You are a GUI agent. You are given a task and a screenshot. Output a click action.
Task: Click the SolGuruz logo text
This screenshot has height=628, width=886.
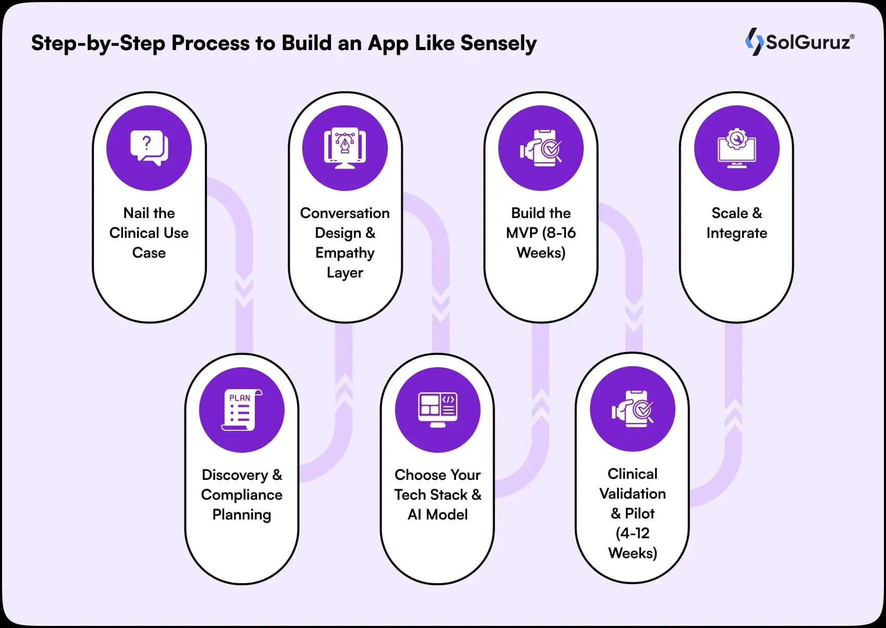pyautogui.click(x=808, y=42)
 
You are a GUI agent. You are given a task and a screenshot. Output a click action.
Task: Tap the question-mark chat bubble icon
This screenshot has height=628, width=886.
pyautogui.click(x=149, y=148)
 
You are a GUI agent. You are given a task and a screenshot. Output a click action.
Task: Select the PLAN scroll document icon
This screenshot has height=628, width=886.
pyautogui.click(x=241, y=410)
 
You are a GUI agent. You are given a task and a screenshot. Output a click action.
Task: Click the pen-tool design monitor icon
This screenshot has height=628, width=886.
pyautogui.click(x=344, y=148)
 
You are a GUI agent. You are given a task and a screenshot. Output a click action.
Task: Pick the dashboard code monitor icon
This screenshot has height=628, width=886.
pyautogui.click(x=438, y=410)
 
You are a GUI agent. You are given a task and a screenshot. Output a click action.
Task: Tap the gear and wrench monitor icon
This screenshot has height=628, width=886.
pyautogui.click(x=736, y=148)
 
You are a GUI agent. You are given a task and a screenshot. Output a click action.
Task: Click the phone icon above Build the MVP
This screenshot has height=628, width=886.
pyautogui.click(x=541, y=148)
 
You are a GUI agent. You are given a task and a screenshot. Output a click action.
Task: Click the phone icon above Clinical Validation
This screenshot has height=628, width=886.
pyautogui.click(x=633, y=409)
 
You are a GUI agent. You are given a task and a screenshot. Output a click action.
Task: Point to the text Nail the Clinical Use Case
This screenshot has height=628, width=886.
pyautogui.click(x=149, y=233)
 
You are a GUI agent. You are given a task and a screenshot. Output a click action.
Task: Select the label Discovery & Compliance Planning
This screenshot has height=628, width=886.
pyautogui.click(x=242, y=494)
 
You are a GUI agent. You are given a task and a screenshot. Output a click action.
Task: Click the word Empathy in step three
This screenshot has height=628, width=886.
pyautogui.click(x=344, y=253)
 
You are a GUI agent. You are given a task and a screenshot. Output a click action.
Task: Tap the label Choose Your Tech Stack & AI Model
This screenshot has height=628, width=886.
pyautogui.click(x=438, y=494)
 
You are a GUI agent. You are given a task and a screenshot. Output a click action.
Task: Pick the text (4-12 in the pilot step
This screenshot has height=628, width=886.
pyautogui.click(x=632, y=533)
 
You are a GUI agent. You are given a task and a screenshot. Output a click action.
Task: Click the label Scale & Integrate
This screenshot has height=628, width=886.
pyautogui.click(x=736, y=223)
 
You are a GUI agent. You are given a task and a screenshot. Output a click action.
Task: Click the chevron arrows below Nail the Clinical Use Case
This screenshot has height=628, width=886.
pyautogui.click(x=244, y=292)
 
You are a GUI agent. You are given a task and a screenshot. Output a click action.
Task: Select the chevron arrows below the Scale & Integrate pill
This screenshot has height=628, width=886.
pyautogui.click(x=733, y=412)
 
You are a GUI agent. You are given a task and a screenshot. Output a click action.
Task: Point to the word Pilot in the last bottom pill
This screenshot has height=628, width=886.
pyautogui.click(x=639, y=513)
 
